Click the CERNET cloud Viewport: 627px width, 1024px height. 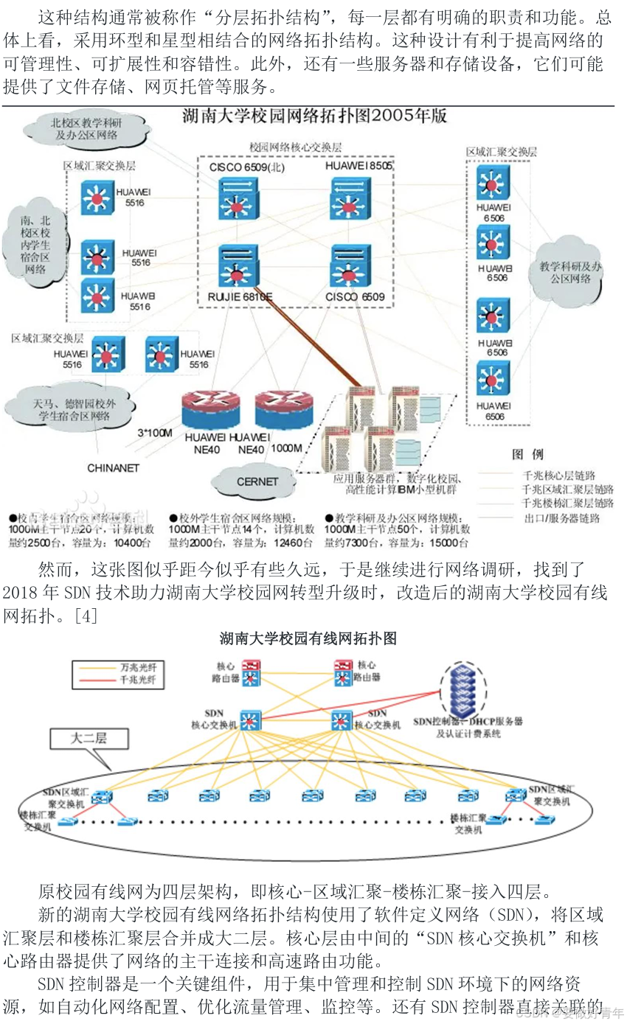(257, 481)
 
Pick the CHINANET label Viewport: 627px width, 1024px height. (113, 467)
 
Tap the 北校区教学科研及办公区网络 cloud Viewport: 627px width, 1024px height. (86, 129)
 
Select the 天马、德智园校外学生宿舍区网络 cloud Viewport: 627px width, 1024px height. (71, 410)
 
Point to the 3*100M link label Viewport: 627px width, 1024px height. (156, 432)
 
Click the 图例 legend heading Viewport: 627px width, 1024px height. (527, 454)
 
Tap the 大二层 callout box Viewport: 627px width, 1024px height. (87, 737)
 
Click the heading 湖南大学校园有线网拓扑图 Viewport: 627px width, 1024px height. (308, 638)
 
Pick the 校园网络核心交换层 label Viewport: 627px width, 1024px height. (295, 147)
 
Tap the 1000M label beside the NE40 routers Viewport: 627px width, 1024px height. (286, 448)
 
